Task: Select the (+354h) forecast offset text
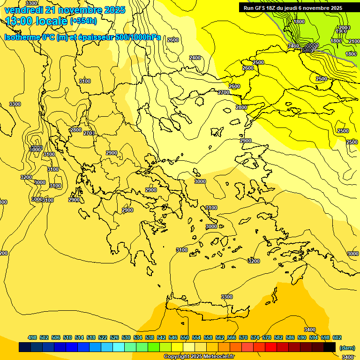click(83, 21)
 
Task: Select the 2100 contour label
click(354, 41)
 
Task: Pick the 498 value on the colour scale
click(32, 337)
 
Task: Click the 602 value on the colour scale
click(337, 337)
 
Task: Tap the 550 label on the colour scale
click(185, 337)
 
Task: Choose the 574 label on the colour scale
click(255, 337)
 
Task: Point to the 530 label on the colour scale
click(126, 337)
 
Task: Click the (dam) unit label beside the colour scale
click(346, 348)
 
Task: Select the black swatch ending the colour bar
click(330, 347)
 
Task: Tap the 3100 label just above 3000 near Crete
click(211, 208)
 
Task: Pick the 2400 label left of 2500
click(293, 46)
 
